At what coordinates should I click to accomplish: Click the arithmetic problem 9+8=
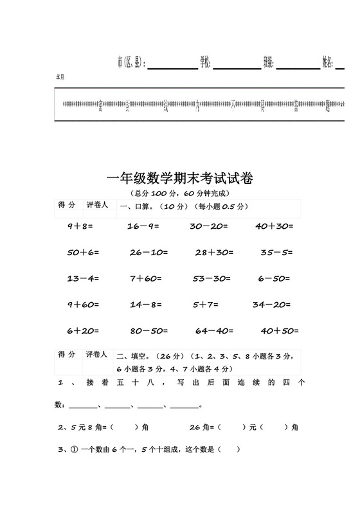click(x=80, y=226)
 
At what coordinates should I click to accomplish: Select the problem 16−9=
click(x=143, y=226)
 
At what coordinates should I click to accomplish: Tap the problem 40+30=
click(x=274, y=226)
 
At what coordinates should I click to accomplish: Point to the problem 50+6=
click(x=83, y=253)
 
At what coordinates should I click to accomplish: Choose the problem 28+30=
click(x=214, y=253)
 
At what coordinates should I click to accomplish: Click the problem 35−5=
click(x=276, y=253)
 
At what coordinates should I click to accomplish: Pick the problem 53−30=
click(x=212, y=279)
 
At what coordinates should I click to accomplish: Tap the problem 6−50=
click(x=274, y=279)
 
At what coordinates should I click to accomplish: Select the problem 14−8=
click(x=145, y=305)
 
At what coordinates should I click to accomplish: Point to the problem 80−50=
click(x=148, y=331)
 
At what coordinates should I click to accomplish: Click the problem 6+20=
click(x=83, y=331)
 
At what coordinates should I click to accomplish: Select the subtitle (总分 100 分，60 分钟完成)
click(x=179, y=193)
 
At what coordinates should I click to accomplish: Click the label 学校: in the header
click(x=205, y=62)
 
